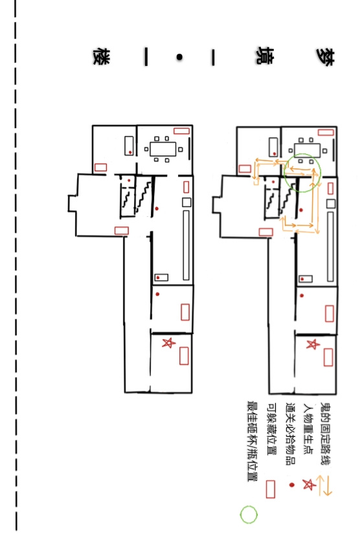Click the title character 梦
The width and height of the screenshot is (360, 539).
[325, 57]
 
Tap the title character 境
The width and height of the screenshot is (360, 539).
[264, 56]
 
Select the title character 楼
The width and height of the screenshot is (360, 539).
[102, 57]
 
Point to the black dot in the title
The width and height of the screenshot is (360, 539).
[179, 58]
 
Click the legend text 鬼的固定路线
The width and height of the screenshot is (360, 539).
[325, 434]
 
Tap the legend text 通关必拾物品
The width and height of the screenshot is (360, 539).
[291, 434]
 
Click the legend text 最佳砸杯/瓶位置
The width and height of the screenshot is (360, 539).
[253, 441]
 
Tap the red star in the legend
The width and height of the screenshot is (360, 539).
[309, 485]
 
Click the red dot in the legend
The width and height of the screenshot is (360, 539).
[292, 485]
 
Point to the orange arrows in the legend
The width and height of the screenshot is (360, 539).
[324, 485]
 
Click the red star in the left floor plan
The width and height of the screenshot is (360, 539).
[168, 343]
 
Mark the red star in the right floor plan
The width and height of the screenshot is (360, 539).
[313, 344]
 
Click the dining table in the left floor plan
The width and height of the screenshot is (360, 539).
[163, 149]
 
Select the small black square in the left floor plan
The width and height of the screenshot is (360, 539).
[186, 202]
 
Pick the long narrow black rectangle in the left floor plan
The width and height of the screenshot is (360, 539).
[186, 245]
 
